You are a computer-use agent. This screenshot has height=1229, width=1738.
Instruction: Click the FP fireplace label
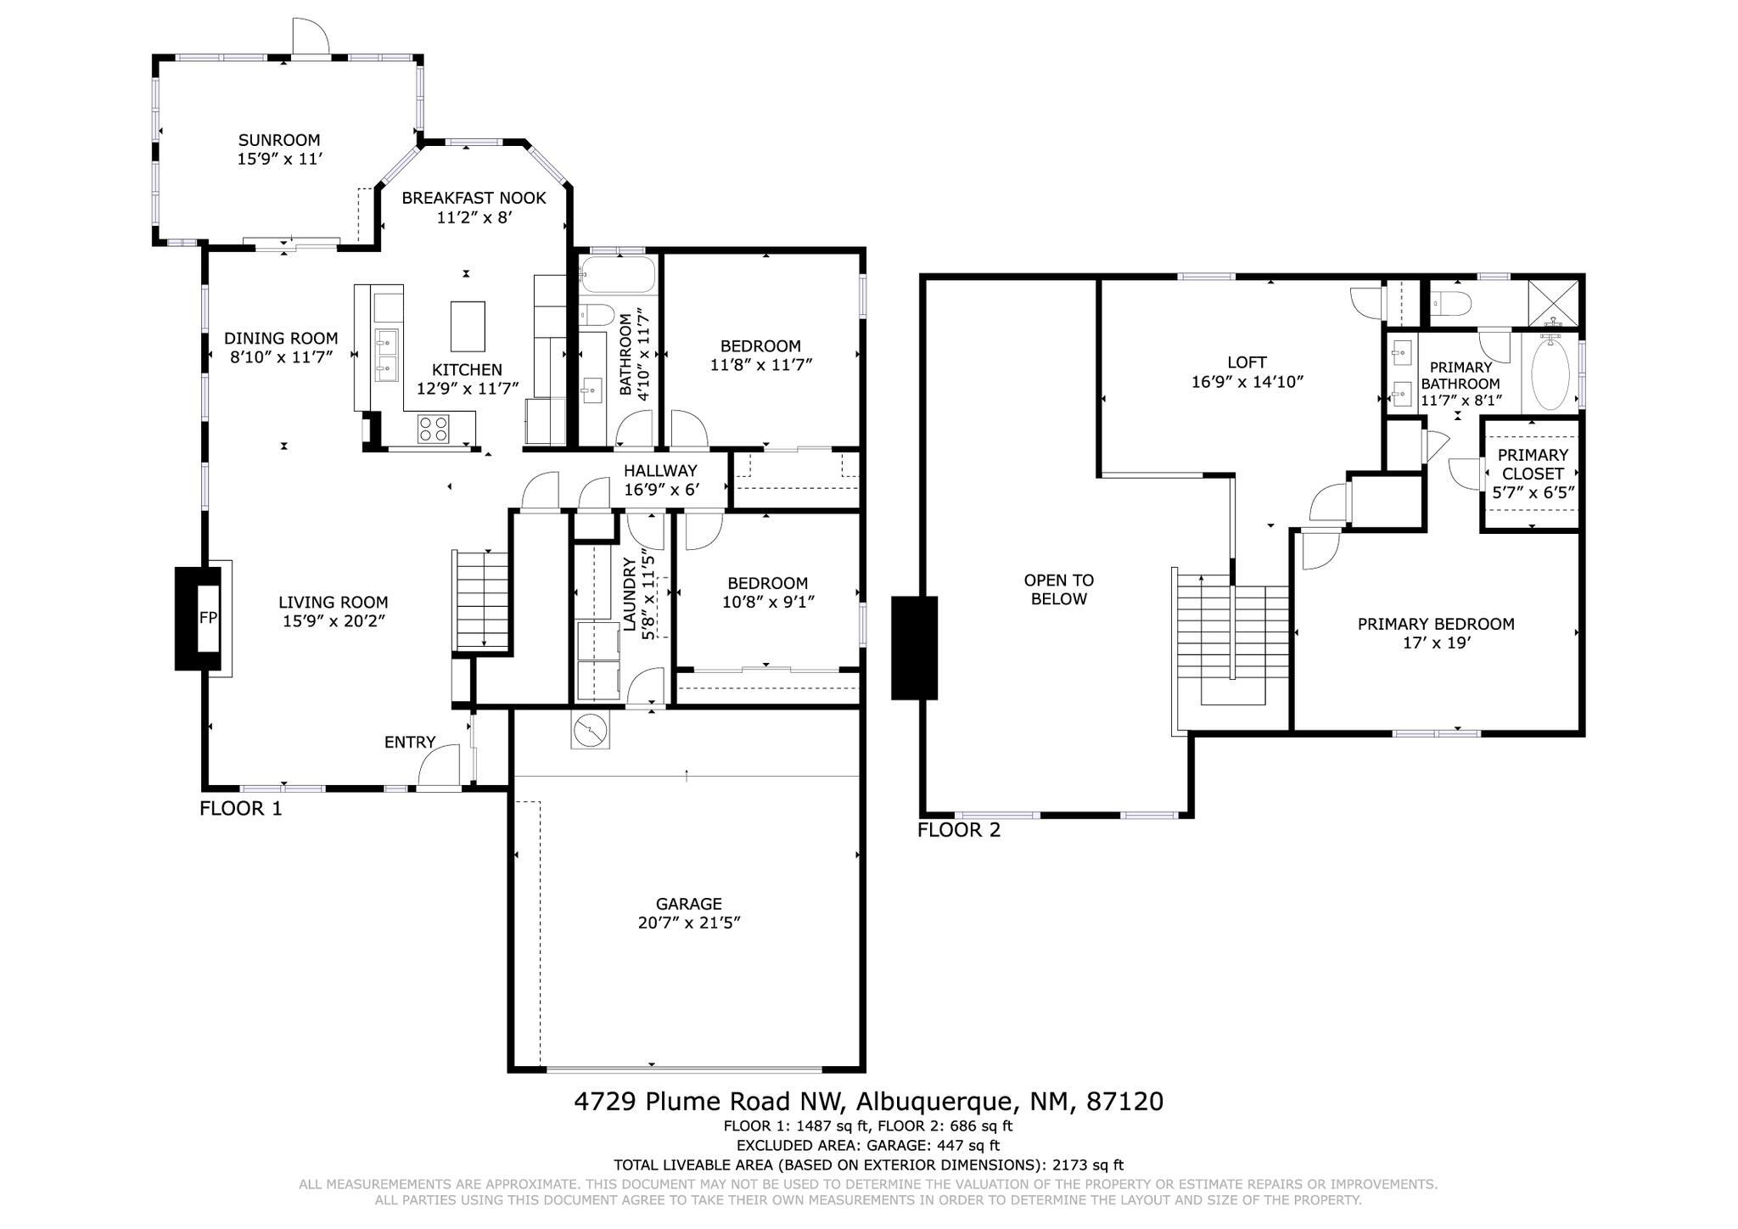[208, 618]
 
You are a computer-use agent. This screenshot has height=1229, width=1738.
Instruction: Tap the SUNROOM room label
[279, 140]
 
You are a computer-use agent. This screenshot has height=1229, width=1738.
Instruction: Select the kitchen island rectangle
[468, 326]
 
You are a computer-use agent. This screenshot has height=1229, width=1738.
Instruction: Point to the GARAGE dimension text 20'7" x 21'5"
[689, 923]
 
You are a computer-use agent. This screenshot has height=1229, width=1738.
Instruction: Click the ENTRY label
[410, 743]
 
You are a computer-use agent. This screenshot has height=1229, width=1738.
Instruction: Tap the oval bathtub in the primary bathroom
[1550, 373]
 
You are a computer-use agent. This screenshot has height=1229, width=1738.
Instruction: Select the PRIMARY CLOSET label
[1533, 464]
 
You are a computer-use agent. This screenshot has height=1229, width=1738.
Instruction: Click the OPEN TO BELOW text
[1059, 590]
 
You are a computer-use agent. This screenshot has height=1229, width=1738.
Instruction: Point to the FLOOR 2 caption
[959, 830]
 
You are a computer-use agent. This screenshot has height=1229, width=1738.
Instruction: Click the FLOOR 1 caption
[241, 809]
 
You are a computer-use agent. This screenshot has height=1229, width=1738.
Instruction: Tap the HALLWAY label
[660, 471]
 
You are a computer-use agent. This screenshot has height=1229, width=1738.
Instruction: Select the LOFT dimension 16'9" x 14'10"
[1247, 382]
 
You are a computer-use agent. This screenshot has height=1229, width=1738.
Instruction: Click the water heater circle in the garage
[589, 729]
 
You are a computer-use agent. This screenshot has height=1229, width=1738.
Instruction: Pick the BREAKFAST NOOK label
[474, 198]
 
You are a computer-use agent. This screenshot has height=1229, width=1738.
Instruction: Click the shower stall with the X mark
[1554, 302]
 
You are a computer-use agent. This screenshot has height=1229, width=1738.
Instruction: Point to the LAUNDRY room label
[630, 595]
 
